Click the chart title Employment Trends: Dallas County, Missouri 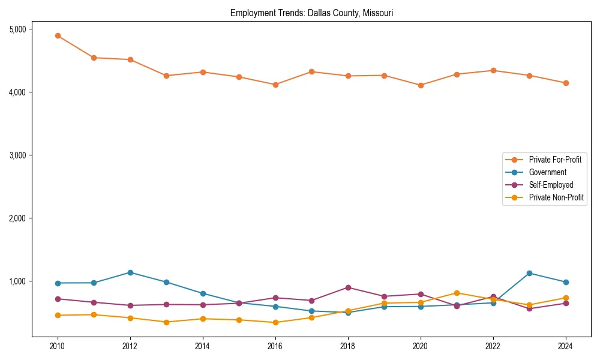pyautogui.click(x=311, y=13)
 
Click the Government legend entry pyautogui.click(x=547, y=172)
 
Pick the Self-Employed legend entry pyautogui.click(x=551, y=185)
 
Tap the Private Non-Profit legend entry pyautogui.click(x=556, y=197)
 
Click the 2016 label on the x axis pyautogui.click(x=275, y=346)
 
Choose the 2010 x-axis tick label pyautogui.click(x=58, y=346)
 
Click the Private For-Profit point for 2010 pyautogui.click(x=58, y=36)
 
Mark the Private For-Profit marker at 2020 pyautogui.click(x=421, y=85)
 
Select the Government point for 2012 pyautogui.click(x=130, y=272)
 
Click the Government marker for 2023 pyautogui.click(x=529, y=273)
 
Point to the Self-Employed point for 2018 pyautogui.click(x=348, y=287)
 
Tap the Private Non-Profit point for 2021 pyautogui.click(x=457, y=293)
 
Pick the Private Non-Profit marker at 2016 pyautogui.click(x=275, y=322)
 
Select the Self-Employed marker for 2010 pyautogui.click(x=58, y=299)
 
